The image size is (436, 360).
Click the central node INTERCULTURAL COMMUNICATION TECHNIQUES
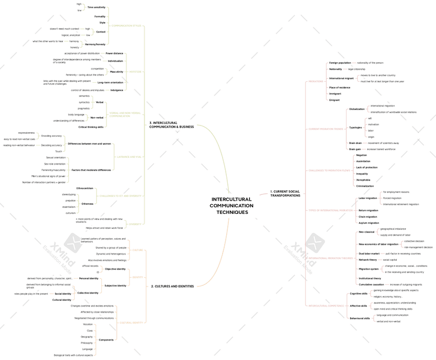231,206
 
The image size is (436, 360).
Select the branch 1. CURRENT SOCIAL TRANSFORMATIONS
285,193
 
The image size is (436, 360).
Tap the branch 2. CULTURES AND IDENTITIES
172,286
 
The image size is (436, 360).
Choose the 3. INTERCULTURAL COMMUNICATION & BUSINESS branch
171,124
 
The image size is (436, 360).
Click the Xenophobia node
363,179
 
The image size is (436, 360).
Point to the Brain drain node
355,143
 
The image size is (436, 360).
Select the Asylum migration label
369,223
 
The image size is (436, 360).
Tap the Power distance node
115,53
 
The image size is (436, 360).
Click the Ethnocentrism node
85,188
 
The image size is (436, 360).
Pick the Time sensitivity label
96,7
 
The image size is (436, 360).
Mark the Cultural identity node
62,300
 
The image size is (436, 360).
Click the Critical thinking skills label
91,127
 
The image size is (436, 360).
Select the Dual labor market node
369,254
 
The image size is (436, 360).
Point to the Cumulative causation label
372,284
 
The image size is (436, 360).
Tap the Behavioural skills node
359,318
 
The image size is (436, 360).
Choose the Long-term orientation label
110,82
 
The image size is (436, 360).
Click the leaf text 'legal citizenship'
357,69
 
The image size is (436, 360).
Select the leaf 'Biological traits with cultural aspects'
74,355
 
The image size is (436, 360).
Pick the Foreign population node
340,63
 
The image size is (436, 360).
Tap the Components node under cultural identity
106,339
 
